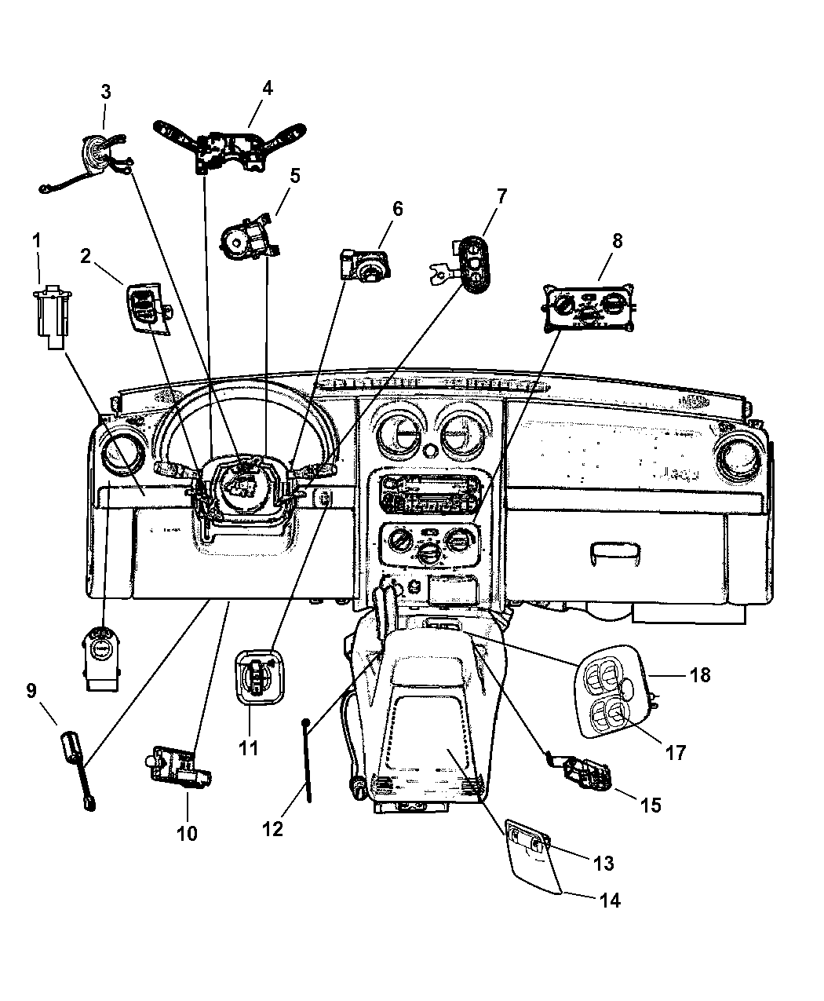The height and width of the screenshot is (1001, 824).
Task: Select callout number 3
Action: pyautogui.click(x=105, y=92)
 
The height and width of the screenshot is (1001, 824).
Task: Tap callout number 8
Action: pyautogui.click(x=617, y=241)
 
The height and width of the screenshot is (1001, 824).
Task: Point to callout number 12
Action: pyautogui.click(x=272, y=828)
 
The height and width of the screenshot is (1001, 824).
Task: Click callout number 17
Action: pyautogui.click(x=676, y=752)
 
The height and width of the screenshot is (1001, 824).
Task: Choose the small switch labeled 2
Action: pyautogui.click(x=145, y=308)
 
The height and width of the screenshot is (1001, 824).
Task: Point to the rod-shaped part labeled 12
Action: pyautogui.click(x=308, y=758)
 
